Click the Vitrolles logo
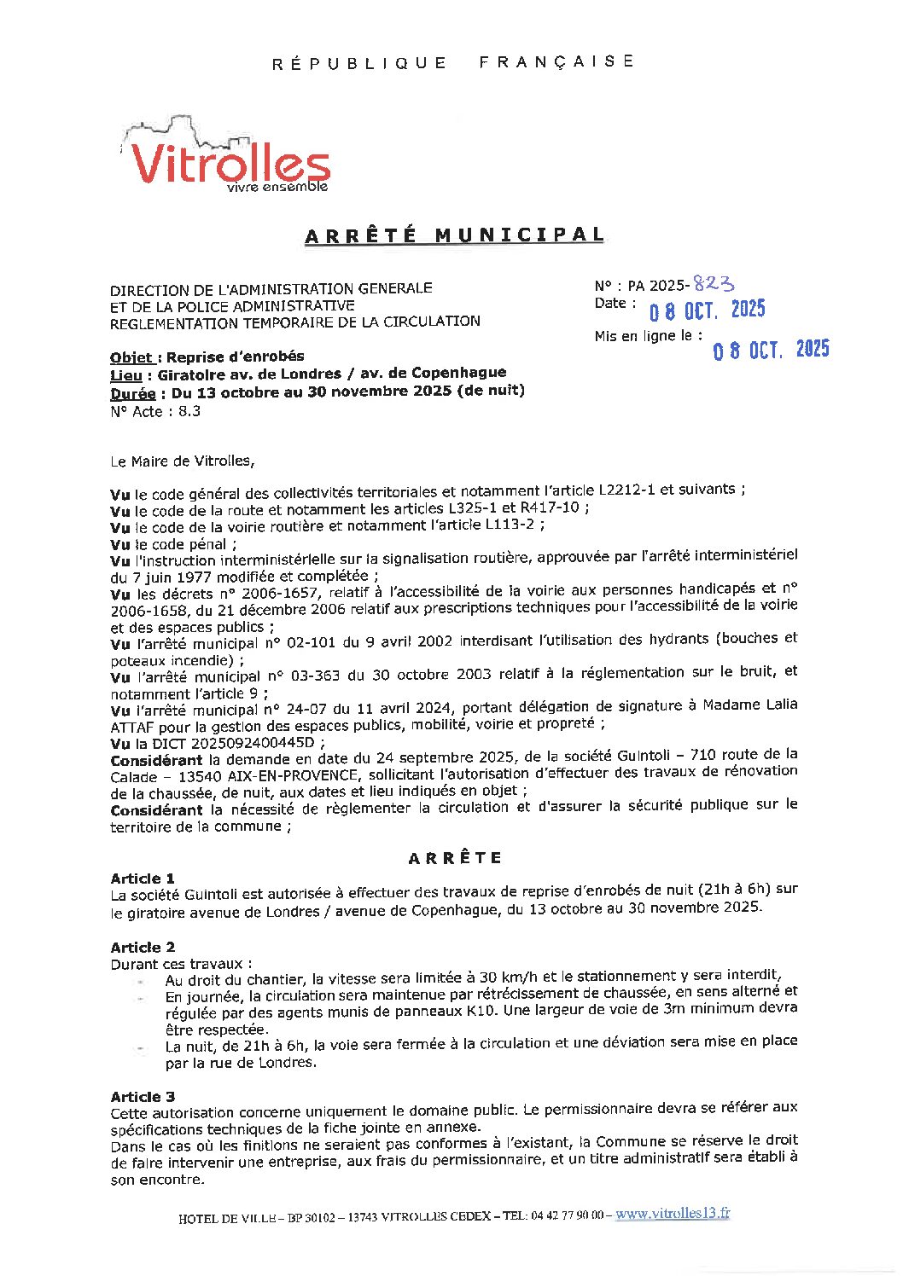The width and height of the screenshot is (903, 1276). [226, 158]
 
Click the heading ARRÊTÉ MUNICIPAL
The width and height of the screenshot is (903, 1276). [454, 235]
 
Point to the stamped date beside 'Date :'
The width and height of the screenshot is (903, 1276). [707, 310]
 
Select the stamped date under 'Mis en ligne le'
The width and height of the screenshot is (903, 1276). [771, 350]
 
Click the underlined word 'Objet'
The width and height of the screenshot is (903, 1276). [131, 357]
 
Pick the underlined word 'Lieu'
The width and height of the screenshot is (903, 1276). [125, 374]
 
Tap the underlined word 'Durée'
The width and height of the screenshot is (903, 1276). [132, 393]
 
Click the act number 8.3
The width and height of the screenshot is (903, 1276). [189, 411]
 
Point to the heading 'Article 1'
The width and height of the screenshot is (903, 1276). [143, 879]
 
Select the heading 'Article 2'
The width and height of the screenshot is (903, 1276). [143, 947]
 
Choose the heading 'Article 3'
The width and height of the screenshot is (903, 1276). [143, 1097]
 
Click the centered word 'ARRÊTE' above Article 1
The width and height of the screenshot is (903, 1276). [455, 858]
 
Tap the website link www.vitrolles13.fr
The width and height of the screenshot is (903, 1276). [673, 1214]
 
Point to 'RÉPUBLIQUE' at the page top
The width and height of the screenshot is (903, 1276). [359, 63]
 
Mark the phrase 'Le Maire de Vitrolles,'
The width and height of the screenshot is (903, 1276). [182, 461]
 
